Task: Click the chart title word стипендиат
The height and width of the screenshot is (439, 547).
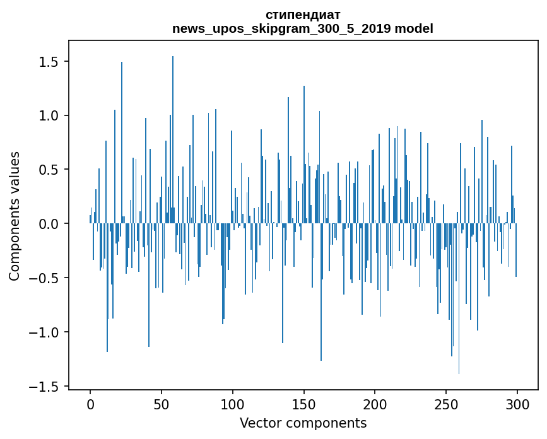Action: point(303,15)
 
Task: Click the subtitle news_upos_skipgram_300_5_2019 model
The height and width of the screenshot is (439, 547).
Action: point(303,28)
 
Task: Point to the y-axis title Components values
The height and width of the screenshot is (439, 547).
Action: point(14,216)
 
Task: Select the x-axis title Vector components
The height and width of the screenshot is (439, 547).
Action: point(303,423)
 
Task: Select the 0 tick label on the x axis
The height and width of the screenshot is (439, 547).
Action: point(90,403)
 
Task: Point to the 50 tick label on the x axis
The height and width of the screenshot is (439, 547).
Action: point(162,403)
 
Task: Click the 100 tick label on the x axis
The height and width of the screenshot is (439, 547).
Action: point(233,403)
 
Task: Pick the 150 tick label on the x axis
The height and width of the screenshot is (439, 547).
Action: point(304,403)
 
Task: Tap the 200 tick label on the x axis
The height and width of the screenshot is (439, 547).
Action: point(375,403)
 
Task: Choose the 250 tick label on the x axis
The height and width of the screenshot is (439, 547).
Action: point(447,403)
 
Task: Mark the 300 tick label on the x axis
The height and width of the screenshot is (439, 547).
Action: point(517,403)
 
